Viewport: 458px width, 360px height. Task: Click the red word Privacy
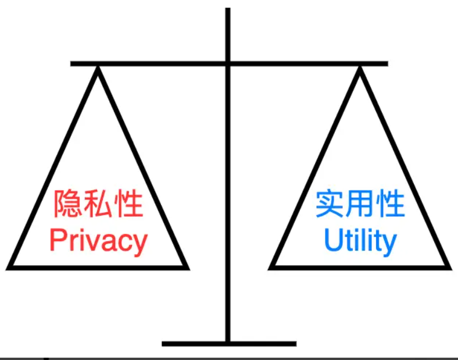coord(98,241)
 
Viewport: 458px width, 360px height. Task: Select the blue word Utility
coord(360,240)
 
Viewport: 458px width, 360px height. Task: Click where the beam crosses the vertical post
coord(228,63)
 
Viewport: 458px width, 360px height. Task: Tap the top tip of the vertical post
coord(228,9)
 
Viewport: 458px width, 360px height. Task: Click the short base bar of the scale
coord(228,344)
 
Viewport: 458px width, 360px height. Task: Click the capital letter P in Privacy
coord(56,240)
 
